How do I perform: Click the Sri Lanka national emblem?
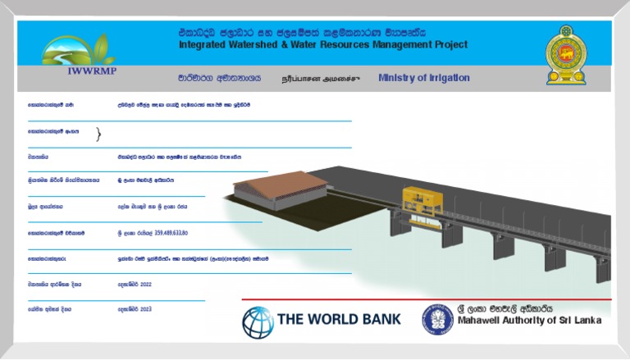567,54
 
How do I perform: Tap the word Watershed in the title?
255,45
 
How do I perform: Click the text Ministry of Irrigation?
424,78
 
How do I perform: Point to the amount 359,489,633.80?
164,233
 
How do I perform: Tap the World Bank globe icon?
258,322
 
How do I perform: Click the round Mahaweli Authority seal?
437,320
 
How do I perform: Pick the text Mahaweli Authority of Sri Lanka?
529,320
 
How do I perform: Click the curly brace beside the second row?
99,134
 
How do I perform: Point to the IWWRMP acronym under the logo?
79,71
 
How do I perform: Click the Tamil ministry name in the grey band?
320,80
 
